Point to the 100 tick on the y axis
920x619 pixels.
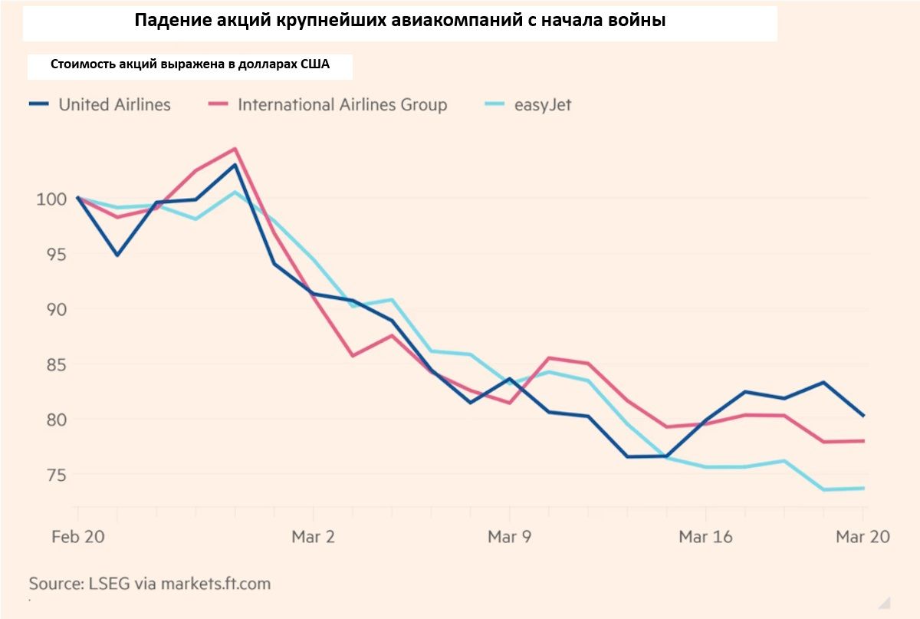click(51, 199)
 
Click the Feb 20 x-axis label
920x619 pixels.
click(78, 537)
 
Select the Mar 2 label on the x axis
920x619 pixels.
click(313, 537)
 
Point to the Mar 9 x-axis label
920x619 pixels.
click(509, 537)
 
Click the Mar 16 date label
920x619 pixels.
click(705, 537)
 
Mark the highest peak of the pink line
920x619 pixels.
click(235, 149)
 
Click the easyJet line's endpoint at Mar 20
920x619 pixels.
click(864, 488)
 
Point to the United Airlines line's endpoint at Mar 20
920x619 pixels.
click(864, 416)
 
